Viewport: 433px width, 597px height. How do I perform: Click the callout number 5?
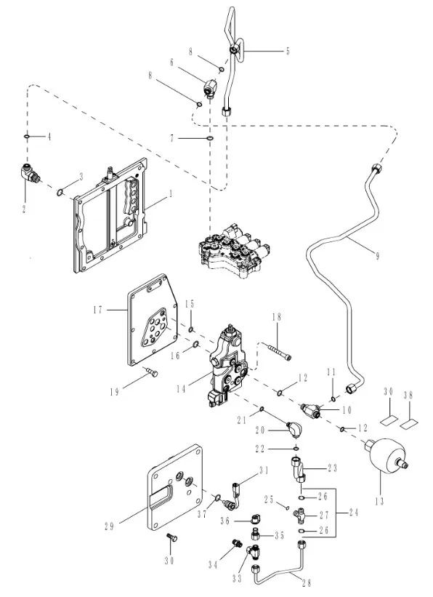[x=288, y=51]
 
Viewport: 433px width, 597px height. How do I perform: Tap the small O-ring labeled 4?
[x=27, y=136]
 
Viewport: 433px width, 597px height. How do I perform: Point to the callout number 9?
[x=377, y=255]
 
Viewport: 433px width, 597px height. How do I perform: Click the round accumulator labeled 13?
[x=386, y=456]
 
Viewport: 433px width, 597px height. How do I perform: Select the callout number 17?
[x=98, y=310]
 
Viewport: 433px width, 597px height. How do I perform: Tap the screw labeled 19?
[x=151, y=372]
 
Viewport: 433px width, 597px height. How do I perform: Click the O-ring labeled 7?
[x=210, y=138]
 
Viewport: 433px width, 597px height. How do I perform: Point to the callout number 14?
[x=181, y=389]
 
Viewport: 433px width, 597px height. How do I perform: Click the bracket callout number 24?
[x=354, y=513]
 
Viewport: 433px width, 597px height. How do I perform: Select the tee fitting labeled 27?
[x=299, y=516]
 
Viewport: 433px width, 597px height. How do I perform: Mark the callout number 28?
[x=307, y=582]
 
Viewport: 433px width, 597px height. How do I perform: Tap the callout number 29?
[x=109, y=526]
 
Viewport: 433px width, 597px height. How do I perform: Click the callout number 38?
[x=408, y=396]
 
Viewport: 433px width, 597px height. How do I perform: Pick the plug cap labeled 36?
[x=255, y=519]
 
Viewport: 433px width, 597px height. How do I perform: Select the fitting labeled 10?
[x=312, y=410]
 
